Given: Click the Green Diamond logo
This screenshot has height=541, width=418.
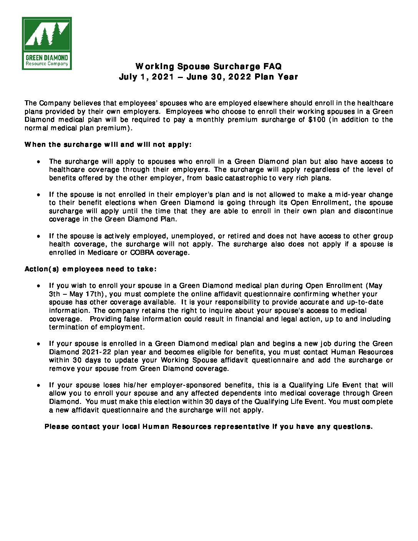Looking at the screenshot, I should [47, 43].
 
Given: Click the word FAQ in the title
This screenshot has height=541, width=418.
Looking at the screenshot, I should [272, 66].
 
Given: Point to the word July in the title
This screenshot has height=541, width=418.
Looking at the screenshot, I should [128, 77].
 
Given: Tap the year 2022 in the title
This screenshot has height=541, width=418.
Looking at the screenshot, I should [240, 77].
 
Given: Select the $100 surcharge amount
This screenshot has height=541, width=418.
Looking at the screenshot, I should [317, 119].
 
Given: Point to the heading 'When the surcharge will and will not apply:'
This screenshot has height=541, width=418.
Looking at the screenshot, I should [108, 144].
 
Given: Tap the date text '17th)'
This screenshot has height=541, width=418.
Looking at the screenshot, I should [94, 294].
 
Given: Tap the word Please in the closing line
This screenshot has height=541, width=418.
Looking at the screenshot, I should [56, 426].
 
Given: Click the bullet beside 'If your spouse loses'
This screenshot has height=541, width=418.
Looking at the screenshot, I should [38, 385].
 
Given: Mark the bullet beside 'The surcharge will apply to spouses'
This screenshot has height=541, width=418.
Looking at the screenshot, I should [38, 161].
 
